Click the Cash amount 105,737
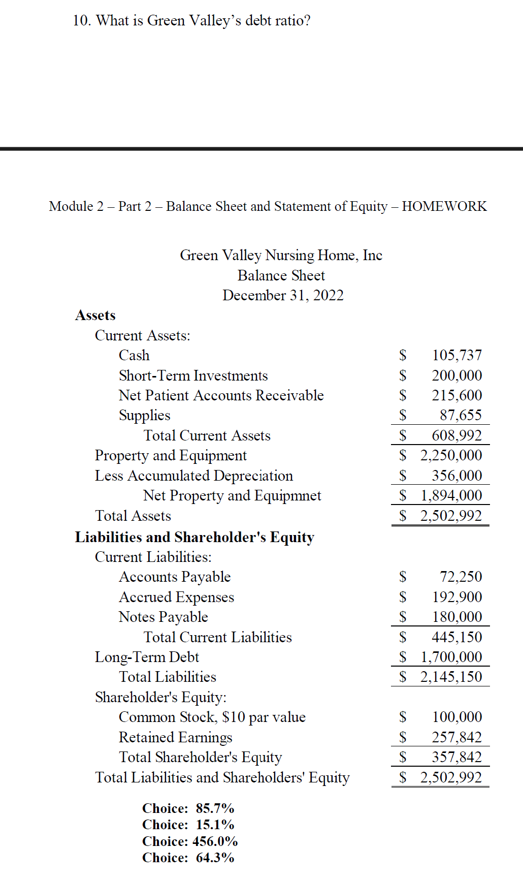[x=456, y=355]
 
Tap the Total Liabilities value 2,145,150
[x=451, y=677]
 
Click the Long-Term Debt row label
[x=147, y=657]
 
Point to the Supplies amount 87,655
[x=461, y=415]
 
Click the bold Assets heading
[x=95, y=315]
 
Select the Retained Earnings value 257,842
[x=456, y=737]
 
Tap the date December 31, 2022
[x=283, y=295]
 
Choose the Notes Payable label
[x=163, y=617]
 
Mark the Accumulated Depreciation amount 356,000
[x=456, y=476]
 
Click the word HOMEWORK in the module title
[x=444, y=206]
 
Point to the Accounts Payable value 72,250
[x=461, y=577]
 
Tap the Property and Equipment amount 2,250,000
[x=451, y=455]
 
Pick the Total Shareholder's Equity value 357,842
[x=456, y=757]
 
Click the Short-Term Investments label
[x=193, y=375]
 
